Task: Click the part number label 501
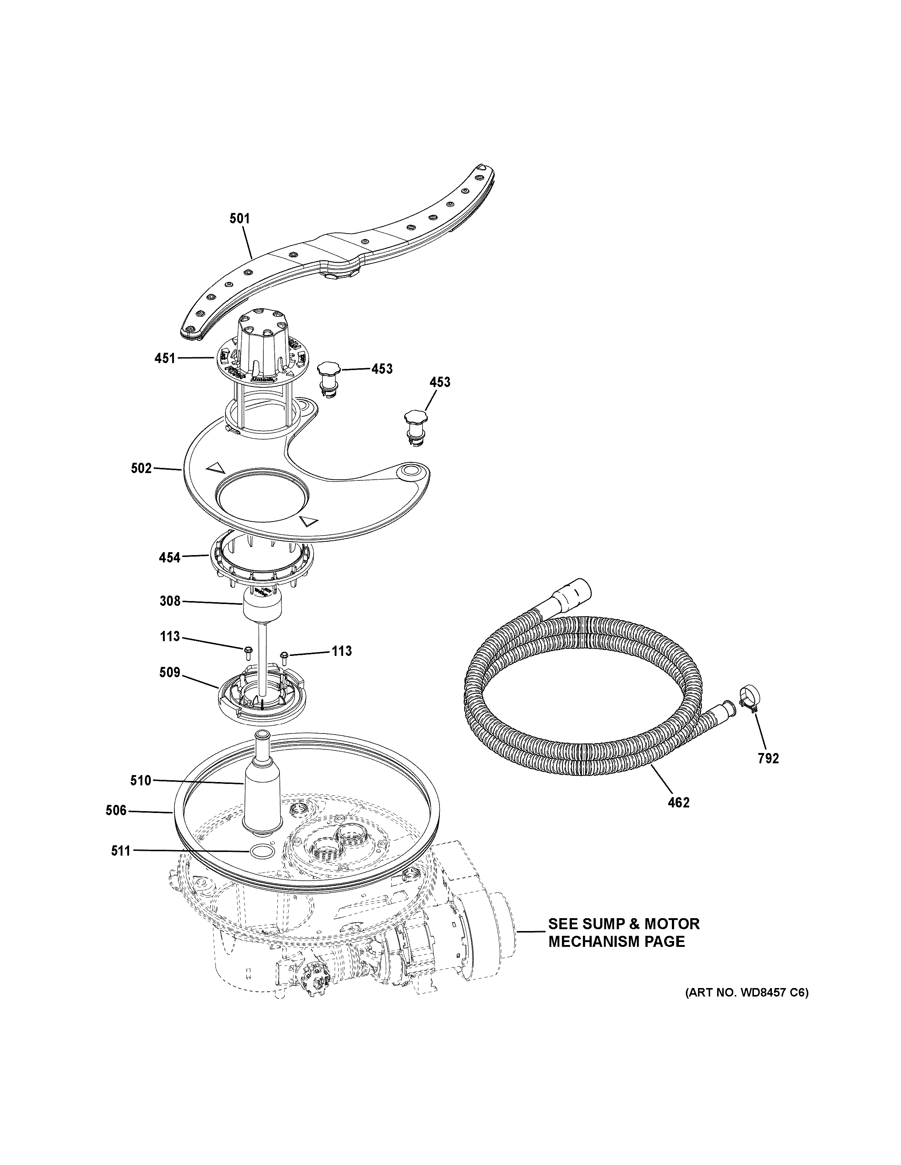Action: click(239, 218)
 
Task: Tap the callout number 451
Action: click(165, 358)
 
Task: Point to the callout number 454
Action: click(170, 558)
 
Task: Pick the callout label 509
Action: click(170, 673)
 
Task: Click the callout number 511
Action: click(121, 851)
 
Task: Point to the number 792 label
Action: click(768, 758)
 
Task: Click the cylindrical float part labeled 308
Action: click(261, 608)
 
